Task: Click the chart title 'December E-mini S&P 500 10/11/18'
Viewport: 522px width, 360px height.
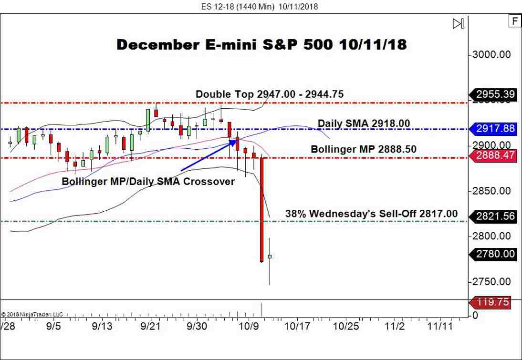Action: click(x=261, y=44)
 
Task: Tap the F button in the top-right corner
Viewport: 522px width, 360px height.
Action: click(x=514, y=21)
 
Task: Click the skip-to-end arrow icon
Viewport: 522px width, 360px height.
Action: click(x=458, y=23)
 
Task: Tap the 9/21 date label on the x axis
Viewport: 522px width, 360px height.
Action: click(x=150, y=327)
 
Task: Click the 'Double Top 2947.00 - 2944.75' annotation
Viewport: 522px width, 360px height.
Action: click(x=270, y=94)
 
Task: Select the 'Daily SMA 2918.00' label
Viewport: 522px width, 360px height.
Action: click(x=364, y=123)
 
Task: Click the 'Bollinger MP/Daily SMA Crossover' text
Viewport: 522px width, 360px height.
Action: click(x=148, y=182)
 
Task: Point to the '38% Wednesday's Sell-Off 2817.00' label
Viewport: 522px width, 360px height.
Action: click(x=371, y=214)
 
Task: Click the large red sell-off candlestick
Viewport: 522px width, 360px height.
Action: click(x=262, y=210)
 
